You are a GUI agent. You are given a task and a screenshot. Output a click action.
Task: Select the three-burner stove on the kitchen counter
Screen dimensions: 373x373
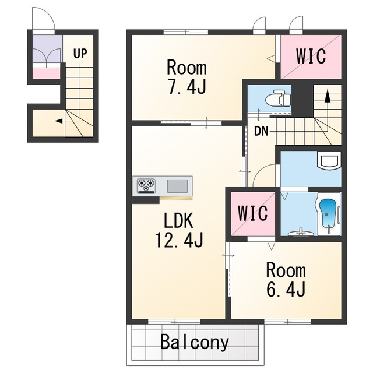pos(146,185)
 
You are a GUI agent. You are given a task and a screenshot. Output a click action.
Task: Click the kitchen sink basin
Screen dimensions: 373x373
pos(177,186)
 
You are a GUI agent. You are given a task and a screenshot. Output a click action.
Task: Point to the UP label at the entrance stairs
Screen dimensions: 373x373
pos(80,54)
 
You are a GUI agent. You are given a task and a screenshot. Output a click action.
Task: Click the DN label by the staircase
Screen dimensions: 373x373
pos(261,131)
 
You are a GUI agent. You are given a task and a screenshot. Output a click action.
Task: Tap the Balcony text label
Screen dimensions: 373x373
pos(195,343)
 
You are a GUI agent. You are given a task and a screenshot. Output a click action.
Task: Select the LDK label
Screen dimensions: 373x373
pos(178,221)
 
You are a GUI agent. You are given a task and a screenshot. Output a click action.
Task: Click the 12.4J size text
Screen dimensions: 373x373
pos(179,240)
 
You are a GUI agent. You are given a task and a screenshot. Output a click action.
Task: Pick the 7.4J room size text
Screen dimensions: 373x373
pos(186,87)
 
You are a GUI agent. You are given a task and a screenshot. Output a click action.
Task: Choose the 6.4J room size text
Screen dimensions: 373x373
pos(286,289)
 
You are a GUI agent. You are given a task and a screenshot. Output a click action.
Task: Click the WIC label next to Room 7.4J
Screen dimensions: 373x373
pos(311,56)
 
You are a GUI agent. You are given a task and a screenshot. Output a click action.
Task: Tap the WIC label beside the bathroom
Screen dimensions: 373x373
pos(253,213)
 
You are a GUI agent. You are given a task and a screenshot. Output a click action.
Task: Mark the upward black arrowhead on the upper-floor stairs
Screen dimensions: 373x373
pos(328,96)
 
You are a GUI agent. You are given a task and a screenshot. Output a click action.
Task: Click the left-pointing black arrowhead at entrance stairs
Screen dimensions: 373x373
pos(58,121)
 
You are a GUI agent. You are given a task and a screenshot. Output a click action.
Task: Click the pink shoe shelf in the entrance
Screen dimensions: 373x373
pos(47,73)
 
